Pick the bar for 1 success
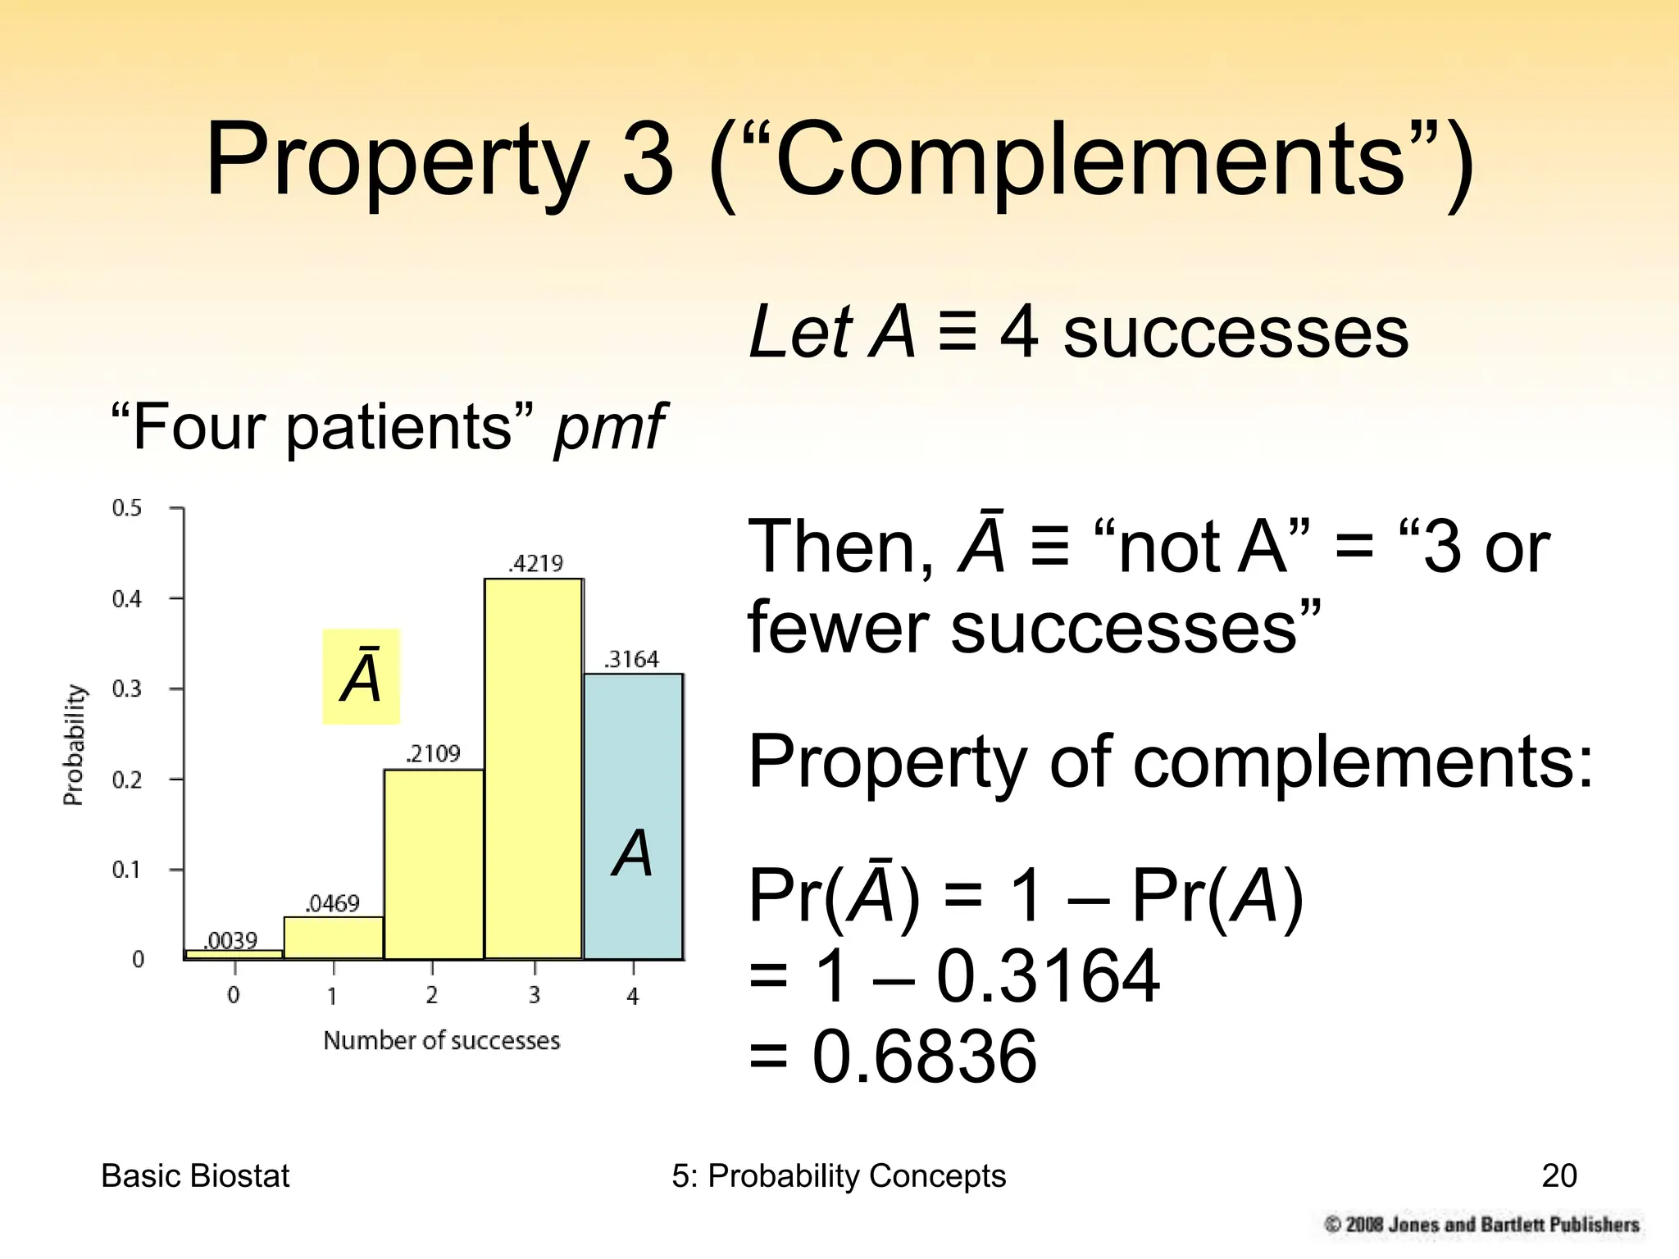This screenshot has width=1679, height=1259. (x=334, y=938)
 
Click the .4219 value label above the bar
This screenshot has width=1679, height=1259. (x=536, y=564)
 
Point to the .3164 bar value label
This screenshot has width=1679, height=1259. (x=631, y=660)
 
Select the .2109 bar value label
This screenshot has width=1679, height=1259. (x=433, y=754)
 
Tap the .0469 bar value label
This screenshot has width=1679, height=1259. (x=332, y=904)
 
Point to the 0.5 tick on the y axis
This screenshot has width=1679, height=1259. (x=127, y=508)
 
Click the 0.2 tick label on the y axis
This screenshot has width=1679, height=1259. (x=127, y=779)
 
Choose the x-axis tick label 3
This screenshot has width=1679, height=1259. (x=534, y=996)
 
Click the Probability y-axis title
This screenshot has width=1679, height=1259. (x=74, y=744)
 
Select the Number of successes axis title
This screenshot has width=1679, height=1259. (x=441, y=1041)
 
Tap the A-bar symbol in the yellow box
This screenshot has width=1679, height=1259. (x=361, y=677)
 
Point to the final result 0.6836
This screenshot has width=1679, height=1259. (x=924, y=1057)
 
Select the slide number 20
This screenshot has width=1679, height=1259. (x=1558, y=1176)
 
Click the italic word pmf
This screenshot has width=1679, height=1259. (x=609, y=428)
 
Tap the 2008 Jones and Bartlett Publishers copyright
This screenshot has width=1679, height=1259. (x=1482, y=1225)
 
